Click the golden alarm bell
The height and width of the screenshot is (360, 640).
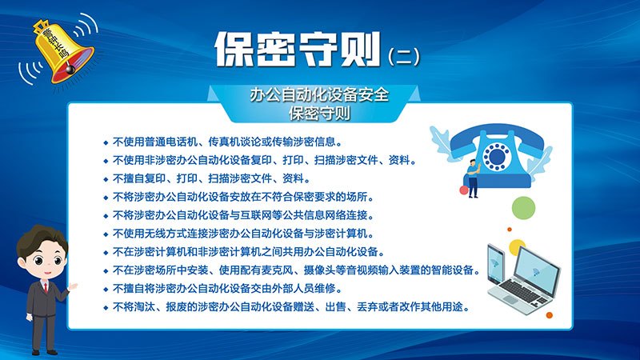pyautogui.click(x=62, y=52)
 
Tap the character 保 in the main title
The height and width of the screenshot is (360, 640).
pyautogui.click(x=234, y=49)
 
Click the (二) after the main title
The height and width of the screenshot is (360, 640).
pyautogui.click(x=403, y=56)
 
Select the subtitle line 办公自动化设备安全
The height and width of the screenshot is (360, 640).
pyautogui.click(x=319, y=95)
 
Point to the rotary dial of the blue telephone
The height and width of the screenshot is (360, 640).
pyautogui.click(x=496, y=156)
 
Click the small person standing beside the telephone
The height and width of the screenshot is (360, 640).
pyautogui.click(x=473, y=178)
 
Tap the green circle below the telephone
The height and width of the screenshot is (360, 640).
pyautogui.click(x=524, y=208)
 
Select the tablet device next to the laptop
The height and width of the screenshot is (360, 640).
pyautogui.click(x=496, y=264)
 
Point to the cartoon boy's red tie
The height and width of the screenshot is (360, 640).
pyautogui.click(x=46, y=288)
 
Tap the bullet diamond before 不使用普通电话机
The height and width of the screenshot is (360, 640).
pyautogui.click(x=106, y=143)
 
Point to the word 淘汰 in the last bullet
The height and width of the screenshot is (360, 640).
pyautogui.click(x=145, y=307)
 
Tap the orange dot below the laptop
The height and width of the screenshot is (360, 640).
pyautogui.click(x=549, y=315)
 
